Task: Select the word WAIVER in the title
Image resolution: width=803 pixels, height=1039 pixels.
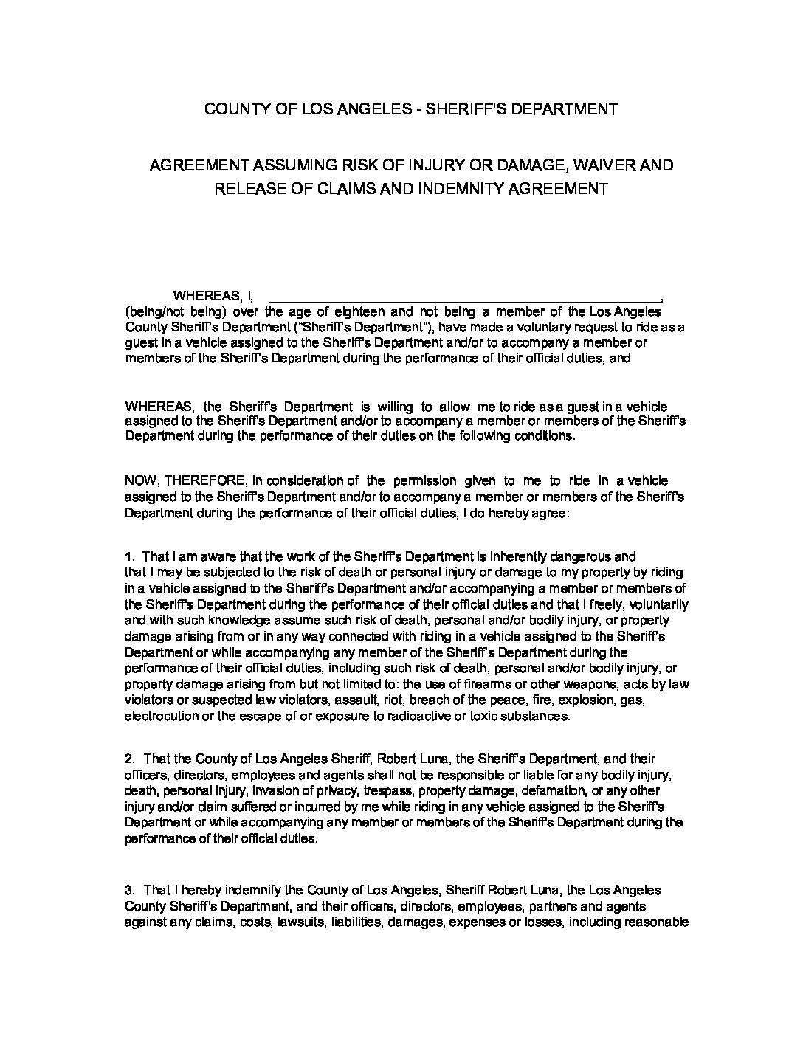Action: (594, 165)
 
